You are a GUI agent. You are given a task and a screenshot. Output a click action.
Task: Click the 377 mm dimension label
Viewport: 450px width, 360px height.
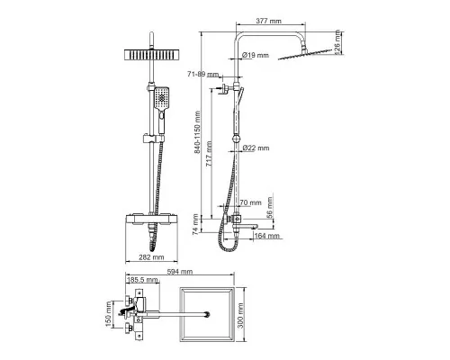(268, 21)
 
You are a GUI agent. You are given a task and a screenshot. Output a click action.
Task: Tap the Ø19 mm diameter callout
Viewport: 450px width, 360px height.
(256, 55)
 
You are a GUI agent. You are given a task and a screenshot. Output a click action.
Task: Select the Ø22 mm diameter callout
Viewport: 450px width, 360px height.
(256, 148)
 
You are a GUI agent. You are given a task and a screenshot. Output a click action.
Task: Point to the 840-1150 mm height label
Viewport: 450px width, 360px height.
(197, 132)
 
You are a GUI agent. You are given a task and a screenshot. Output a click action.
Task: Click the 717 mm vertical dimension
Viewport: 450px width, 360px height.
(209, 154)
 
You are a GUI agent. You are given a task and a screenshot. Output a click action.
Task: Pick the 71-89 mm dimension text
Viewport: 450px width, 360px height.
(203, 74)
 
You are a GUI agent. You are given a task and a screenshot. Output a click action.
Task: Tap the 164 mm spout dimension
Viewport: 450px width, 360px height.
(266, 236)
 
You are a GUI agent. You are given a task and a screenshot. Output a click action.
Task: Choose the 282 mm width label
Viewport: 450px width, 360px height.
(151, 257)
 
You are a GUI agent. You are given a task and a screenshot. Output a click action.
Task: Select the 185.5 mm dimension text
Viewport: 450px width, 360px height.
(142, 280)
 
